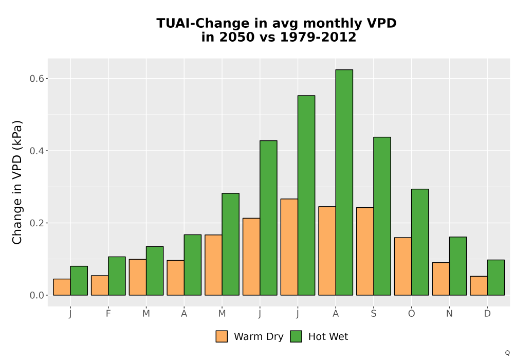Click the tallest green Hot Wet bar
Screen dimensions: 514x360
(344, 182)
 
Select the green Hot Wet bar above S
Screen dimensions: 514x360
(382, 216)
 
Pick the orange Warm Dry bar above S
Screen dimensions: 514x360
(365, 251)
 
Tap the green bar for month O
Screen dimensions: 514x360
(420, 242)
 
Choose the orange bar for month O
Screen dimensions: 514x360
(403, 266)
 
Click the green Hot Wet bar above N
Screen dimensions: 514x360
(458, 266)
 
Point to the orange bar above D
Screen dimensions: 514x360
(479, 285)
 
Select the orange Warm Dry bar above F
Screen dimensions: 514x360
(100, 285)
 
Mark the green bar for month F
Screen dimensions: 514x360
(117, 276)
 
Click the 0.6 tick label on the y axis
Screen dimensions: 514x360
(36, 79)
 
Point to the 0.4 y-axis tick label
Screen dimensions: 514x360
(36, 151)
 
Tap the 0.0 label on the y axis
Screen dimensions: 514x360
(36, 295)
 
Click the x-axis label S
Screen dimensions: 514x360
(374, 314)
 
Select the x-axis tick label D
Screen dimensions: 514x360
(487, 314)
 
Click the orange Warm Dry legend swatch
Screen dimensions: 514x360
(222, 336)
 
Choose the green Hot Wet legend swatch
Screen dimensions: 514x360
(296, 336)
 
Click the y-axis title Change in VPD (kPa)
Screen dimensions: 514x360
(17, 183)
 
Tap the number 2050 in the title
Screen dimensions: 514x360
(236, 37)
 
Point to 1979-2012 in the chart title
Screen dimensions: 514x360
(318, 37)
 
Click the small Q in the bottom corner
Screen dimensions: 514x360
(507, 353)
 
